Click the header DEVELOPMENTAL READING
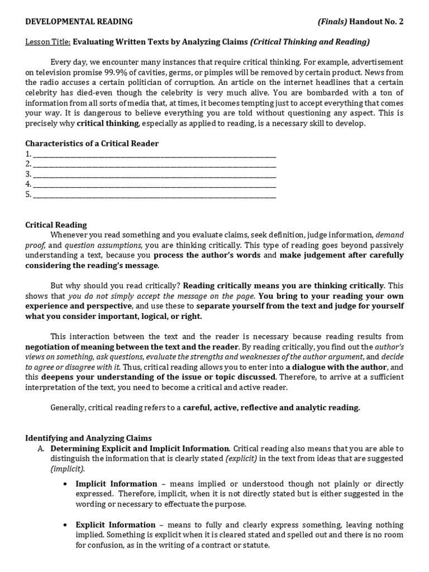79,22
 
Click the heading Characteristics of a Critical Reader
92,144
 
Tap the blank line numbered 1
154,154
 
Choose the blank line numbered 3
154,174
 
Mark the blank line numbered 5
154,195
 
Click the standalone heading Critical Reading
56,225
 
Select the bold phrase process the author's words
207,255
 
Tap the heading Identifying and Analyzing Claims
88,438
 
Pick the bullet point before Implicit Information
66,484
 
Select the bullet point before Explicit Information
66,525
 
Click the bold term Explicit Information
116,525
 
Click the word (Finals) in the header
332,22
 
